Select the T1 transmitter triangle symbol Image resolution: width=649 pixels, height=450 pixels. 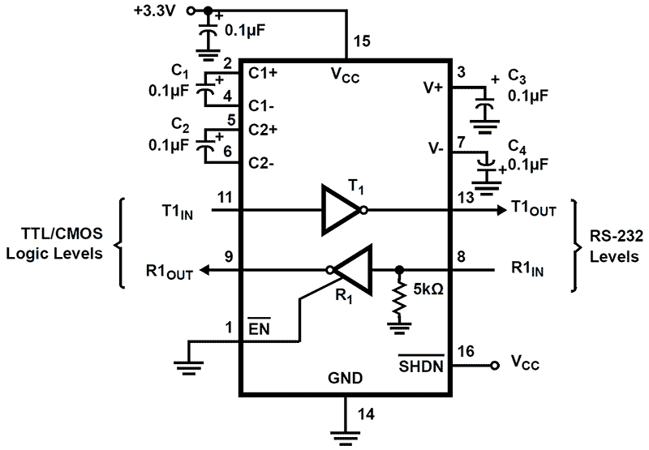pos(341,209)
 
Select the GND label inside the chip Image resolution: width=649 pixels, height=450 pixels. pos(345,379)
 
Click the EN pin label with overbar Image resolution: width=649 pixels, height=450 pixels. pos(259,328)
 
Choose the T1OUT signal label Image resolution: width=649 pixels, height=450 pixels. pos(534,209)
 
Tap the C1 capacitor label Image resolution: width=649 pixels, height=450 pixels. pos(180,71)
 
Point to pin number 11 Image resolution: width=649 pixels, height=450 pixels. pos(227,195)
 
